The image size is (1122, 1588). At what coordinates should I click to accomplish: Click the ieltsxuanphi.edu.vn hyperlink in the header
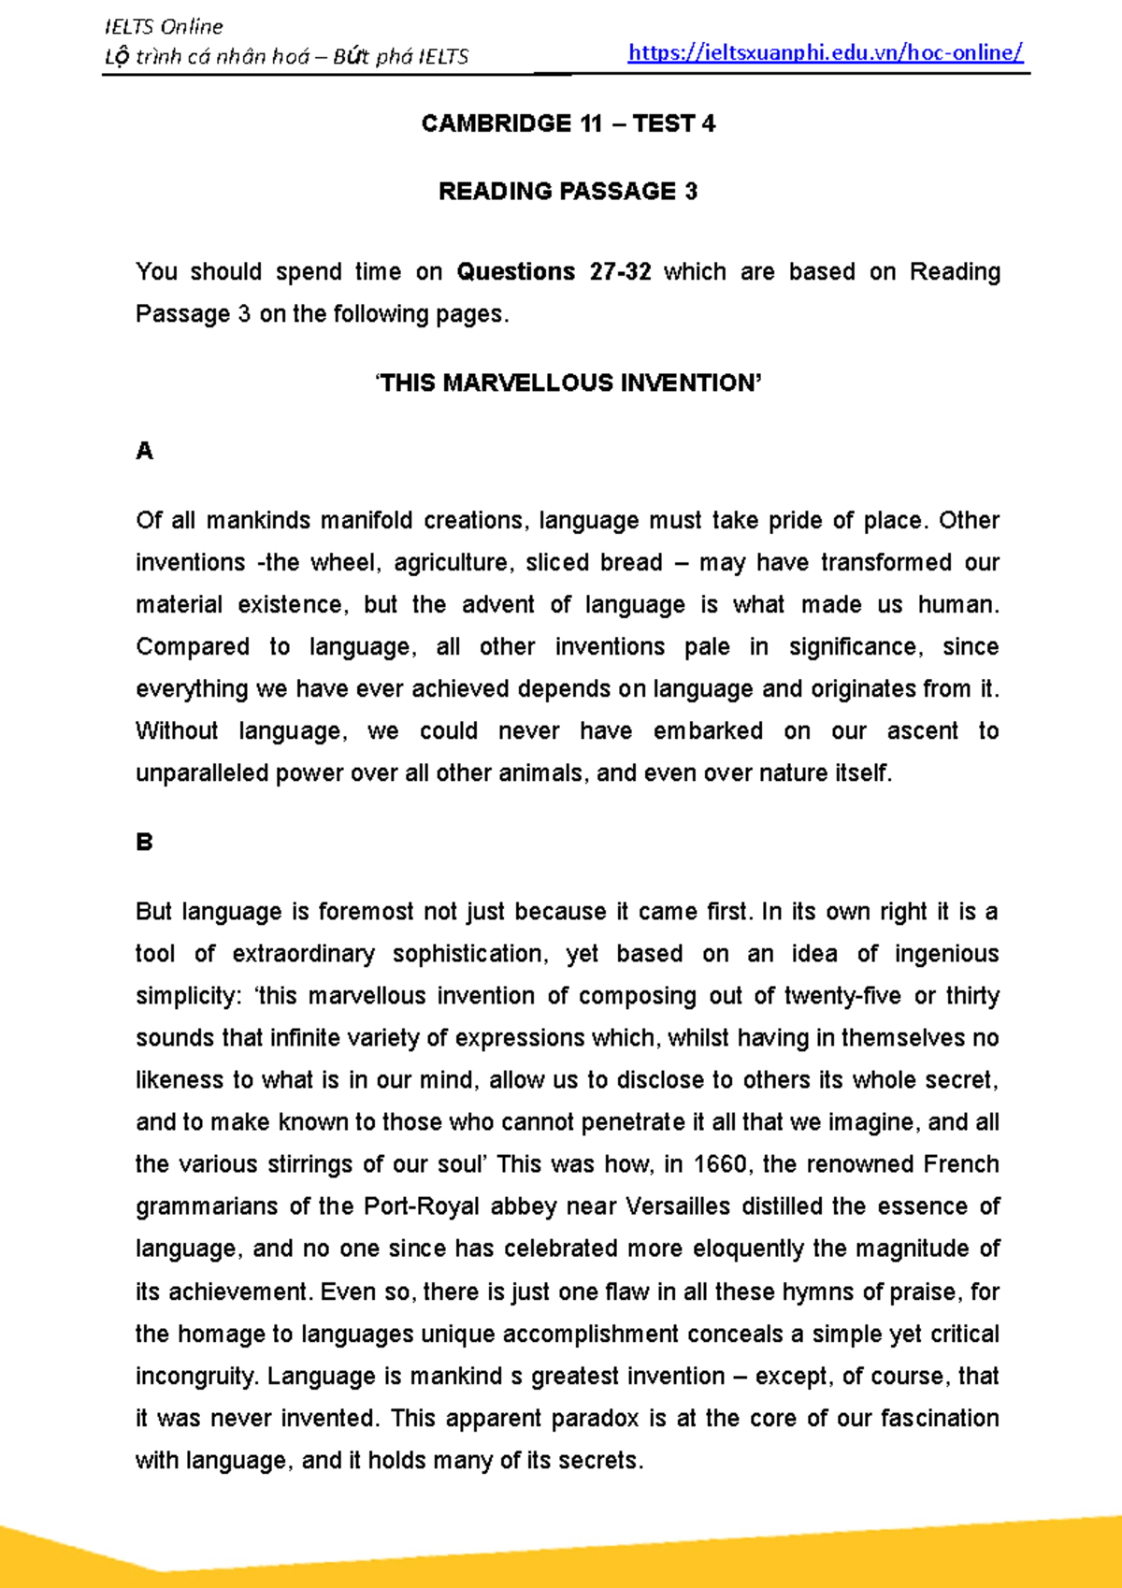click(826, 53)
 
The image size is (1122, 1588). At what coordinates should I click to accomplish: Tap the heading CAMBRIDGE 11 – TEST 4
click(568, 123)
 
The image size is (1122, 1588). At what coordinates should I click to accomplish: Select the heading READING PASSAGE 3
click(568, 192)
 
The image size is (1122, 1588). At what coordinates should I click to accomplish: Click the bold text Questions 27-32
click(554, 272)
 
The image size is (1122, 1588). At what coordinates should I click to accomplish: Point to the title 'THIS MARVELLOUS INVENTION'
click(568, 383)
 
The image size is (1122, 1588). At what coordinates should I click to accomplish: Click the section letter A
click(144, 452)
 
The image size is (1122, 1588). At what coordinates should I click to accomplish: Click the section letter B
click(144, 843)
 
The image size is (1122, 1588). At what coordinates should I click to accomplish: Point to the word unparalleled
click(201, 773)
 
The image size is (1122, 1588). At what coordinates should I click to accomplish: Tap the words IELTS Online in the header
click(164, 26)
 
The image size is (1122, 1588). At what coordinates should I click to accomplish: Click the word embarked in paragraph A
click(708, 731)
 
